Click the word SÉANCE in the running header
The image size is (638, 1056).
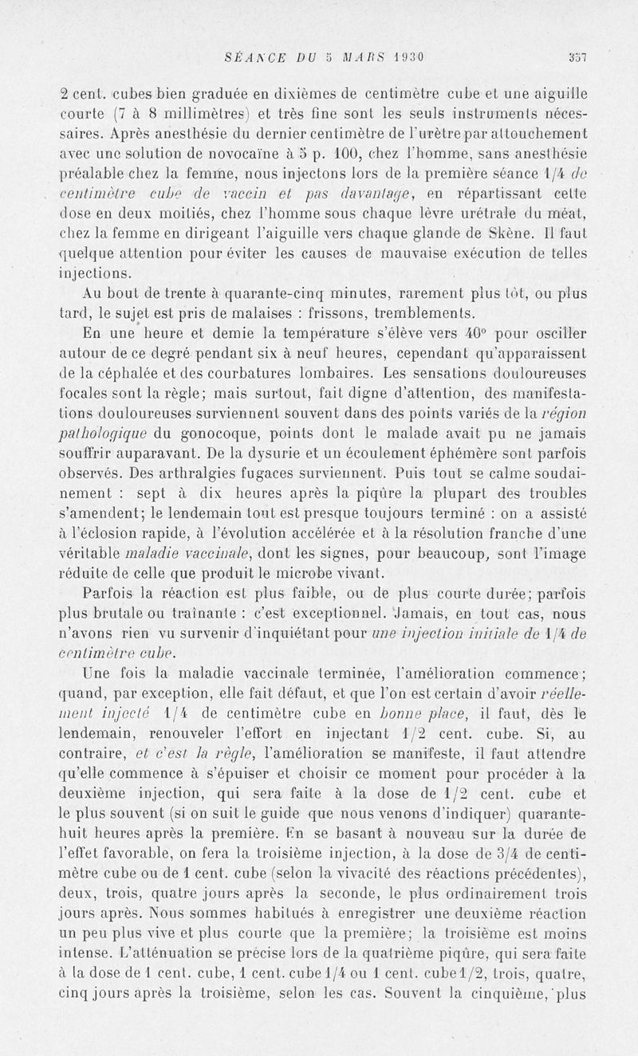(x=249, y=57)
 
